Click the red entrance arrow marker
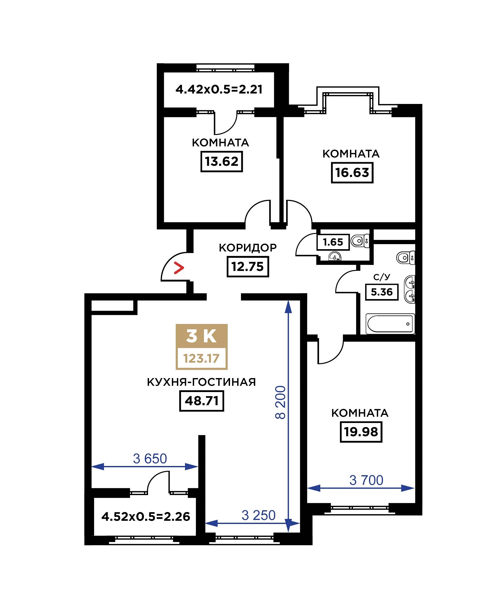click(x=179, y=268)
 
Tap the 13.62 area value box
click(x=222, y=162)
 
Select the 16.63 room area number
click(x=352, y=173)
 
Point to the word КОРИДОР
click(x=248, y=247)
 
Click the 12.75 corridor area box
click(x=248, y=266)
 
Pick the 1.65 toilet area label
click(x=333, y=242)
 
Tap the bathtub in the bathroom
click(x=390, y=324)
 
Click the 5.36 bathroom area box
click(x=382, y=292)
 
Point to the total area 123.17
click(x=202, y=358)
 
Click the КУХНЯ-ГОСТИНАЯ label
click(x=202, y=382)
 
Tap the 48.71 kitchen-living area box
click(x=202, y=401)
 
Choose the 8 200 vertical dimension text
click(x=281, y=402)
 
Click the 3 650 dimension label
click(x=150, y=459)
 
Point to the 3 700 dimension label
click(x=366, y=480)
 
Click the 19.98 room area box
click(x=361, y=432)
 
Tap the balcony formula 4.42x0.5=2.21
click(x=219, y=89)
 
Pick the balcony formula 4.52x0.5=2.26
click(x=146, y=517)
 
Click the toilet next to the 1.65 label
click(x=360, y=241)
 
